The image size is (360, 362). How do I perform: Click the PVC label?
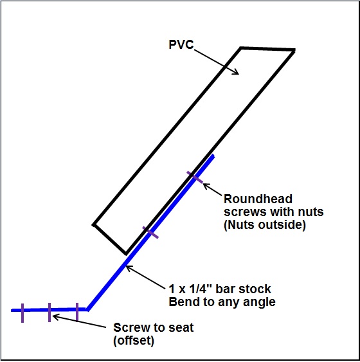pos(181,44)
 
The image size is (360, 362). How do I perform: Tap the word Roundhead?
pos(258,199)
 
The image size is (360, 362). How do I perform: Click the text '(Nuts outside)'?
pos(265,224)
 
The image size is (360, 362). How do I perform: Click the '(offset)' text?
pos(134,341)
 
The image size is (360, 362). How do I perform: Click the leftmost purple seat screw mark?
pos(22,313)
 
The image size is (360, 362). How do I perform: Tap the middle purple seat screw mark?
pos(50,312)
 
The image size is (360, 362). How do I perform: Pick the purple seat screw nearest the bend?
pos(77,312)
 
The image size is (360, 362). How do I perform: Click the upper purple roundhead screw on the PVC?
pos(195,177)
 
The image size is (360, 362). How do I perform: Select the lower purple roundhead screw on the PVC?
pos(150,233)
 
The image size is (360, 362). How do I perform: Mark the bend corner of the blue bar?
pos(87,309)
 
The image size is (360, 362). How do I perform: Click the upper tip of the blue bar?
pos(213,156)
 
